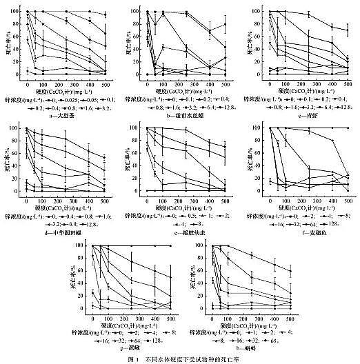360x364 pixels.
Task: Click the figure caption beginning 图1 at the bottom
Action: (x=180, y=358)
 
